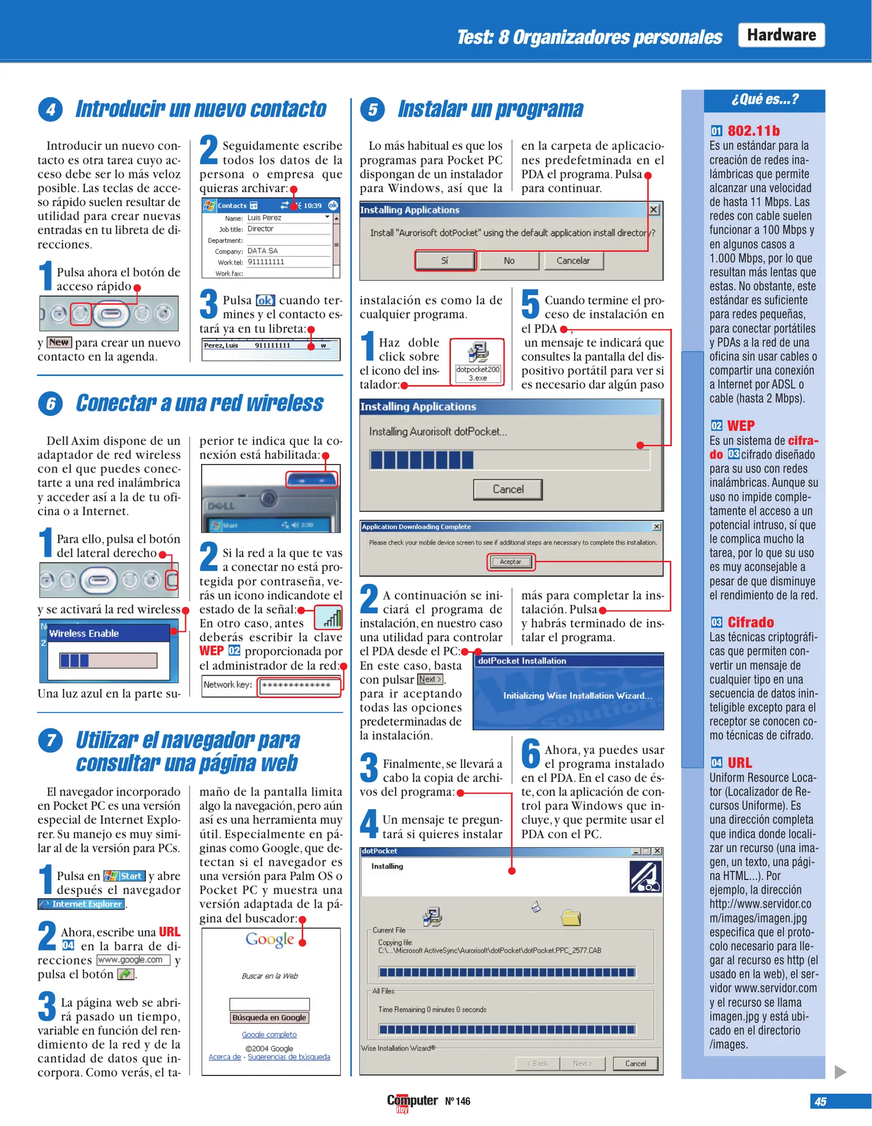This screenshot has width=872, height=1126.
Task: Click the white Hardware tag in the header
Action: pos(781,35)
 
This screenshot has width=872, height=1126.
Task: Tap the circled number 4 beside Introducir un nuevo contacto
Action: pos(51,109)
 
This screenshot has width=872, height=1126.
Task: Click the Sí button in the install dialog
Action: pos(445,260)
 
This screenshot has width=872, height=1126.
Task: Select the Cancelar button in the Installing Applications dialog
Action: pos(573,260)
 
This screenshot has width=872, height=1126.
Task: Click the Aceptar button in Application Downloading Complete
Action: pos(510,561)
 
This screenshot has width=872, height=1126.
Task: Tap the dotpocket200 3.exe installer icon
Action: pos(477,362)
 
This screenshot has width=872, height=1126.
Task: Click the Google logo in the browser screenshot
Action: pos(269,939)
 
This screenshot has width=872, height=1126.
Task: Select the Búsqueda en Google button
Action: pos(269,1017)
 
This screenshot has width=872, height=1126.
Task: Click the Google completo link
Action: pos(269,1034)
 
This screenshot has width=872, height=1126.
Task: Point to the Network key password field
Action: pos(299,685)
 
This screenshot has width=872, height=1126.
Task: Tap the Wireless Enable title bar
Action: pos(108,633)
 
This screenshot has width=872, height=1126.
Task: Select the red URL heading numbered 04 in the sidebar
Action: pos(739,762)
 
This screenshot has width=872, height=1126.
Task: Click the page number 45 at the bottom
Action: pos(820,1101)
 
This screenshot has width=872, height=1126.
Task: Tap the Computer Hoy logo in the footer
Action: pos(412,1101)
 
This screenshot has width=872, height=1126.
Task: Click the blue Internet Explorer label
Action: pos(82,904)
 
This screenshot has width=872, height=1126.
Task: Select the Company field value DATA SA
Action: pos(263,251)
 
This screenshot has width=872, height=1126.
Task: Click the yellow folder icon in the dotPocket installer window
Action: pos(571,917)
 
